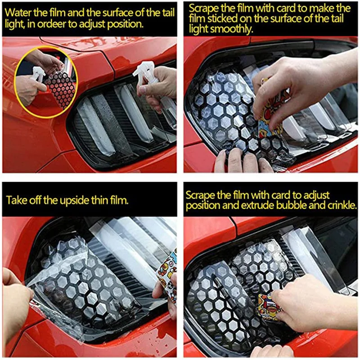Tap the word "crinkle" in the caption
pyautogui.click(x=342, y=205)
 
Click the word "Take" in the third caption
pyautogui.click(x=15, y=200)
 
